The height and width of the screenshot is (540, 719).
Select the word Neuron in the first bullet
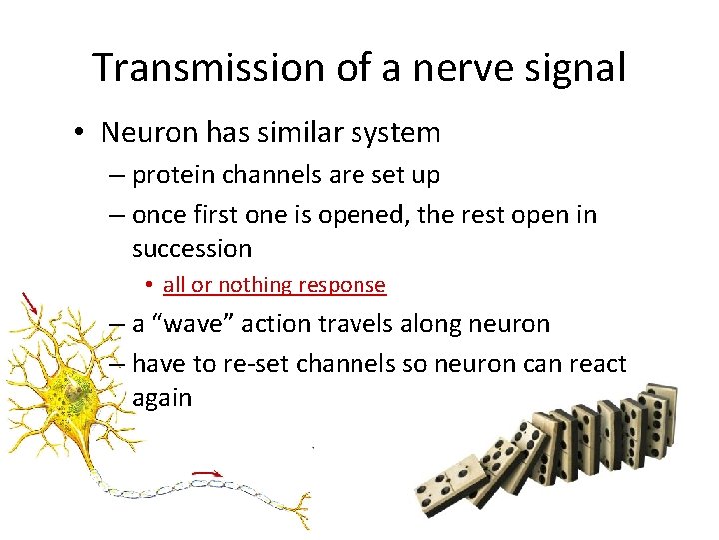point(144,132)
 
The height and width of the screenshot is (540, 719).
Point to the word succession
point(191,247)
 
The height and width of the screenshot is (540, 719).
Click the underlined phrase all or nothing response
point(274,285)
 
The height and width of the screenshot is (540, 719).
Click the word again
point(161,397)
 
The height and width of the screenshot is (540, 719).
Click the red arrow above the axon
point(207,473)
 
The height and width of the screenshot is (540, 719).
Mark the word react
point(595,363)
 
